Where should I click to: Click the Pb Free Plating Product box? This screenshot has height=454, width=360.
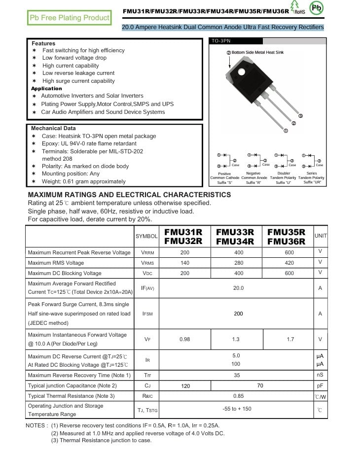(70, 18)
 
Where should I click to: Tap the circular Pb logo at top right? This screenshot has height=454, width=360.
(317, 8)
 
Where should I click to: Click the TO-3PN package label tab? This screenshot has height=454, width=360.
(220, 41)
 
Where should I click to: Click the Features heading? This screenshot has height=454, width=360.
(43, 43)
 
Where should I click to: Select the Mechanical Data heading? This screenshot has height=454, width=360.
(53, 128)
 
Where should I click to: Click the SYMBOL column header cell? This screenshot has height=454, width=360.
(146, 237)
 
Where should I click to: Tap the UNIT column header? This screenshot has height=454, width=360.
(321, 236)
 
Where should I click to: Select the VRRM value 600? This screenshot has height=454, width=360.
(289, 252)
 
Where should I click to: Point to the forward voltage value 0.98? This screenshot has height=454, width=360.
(185, 339)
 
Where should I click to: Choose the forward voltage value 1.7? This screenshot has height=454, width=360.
(290, 339)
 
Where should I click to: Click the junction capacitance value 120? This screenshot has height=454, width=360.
(185, 386)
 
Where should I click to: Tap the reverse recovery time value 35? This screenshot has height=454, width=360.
(237, 376)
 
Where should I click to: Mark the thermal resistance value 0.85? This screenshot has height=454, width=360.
(238, 396)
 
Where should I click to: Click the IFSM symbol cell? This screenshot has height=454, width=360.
(147, 314)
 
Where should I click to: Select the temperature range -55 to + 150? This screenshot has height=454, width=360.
(237, 409)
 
